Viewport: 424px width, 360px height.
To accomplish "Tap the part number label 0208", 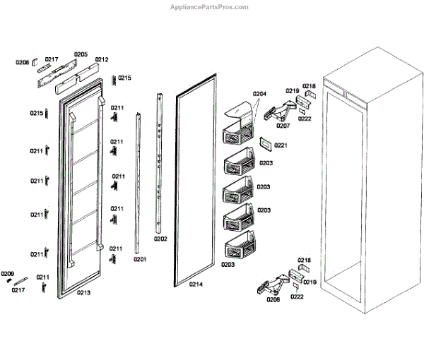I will [23, 62].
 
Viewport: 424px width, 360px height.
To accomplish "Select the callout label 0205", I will [81, 54].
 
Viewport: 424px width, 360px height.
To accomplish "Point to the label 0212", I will [102, 59].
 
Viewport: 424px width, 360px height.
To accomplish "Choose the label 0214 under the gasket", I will [196, 284].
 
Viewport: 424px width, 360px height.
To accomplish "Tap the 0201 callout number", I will [139, 259].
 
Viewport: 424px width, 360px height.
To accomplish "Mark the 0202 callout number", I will [160, 239].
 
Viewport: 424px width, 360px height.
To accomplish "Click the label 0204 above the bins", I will [259, 94].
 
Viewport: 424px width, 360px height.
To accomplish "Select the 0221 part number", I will [281, 145].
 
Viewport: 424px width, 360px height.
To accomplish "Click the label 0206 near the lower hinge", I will [273, 299].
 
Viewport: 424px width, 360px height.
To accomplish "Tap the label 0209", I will [7, 273].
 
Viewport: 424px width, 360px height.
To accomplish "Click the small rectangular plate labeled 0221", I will [264, 143].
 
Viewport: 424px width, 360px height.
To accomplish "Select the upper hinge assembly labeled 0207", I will [283, 109].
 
